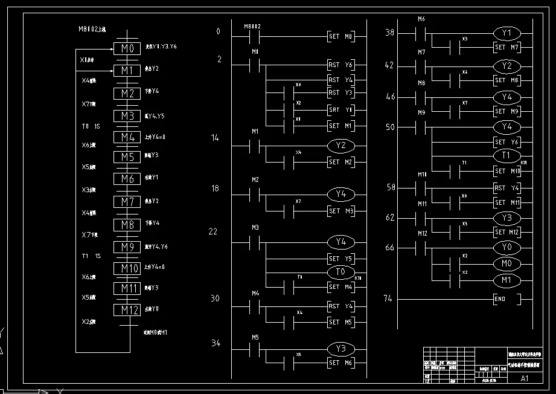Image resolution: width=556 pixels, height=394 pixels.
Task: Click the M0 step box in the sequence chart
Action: (127, 48)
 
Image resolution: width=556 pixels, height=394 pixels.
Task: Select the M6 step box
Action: (127, 179)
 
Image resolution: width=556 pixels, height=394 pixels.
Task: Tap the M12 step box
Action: (127, 309)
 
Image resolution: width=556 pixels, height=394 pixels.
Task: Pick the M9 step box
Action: (127, 247)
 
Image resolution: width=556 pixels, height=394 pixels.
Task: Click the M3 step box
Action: (127, 115)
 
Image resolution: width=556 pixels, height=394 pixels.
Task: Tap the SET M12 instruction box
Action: (508, 232)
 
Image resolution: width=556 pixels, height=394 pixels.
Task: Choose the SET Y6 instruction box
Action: (508, 142)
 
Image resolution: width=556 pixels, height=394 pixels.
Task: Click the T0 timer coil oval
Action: (341, 273)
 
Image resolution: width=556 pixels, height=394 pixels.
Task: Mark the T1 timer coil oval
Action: (507, 156)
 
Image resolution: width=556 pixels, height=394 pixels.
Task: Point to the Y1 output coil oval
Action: (507, 33)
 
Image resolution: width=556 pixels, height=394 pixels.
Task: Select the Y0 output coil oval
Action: (507, 248)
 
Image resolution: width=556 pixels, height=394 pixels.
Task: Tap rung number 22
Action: (212, 232)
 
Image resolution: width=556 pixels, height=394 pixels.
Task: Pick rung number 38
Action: (389, 33)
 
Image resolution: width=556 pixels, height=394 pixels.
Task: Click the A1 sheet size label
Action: (524, 379)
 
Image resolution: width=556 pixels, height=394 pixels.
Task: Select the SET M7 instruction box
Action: (508, 47)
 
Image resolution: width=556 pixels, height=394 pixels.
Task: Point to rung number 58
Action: (389, 188)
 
